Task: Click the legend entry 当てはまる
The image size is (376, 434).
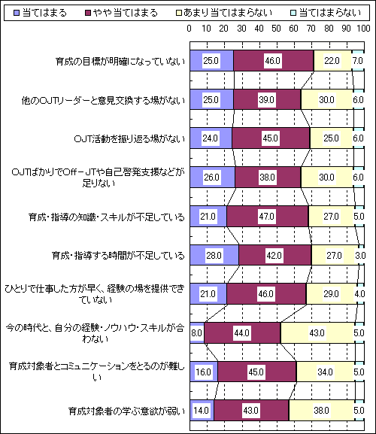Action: [40, 13]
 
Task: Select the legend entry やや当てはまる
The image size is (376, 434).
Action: [122, 13]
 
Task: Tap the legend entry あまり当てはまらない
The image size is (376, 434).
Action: [224, 13]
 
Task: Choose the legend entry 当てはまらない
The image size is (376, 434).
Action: [326, 13]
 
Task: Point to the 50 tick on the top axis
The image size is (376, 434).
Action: [276, 29]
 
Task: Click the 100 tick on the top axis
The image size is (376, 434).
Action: [363, 29]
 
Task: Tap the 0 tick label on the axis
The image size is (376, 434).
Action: [190, 29]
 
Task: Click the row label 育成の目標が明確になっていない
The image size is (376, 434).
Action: [120, 61]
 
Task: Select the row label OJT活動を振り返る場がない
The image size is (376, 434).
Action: [129, 138]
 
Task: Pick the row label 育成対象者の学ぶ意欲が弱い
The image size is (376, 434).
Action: [126, 411]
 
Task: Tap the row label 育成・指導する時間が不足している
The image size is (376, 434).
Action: [118, 255]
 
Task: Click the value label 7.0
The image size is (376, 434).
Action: [357, 61]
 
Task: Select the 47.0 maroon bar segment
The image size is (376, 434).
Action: [267, 216]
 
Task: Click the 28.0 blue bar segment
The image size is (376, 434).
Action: [214, 255]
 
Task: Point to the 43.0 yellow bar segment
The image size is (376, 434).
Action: [317, 332]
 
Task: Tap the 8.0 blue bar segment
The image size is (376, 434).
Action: [197, 332]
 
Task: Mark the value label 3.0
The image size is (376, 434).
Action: [360, 255]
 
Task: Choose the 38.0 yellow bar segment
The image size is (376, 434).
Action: [321, 410]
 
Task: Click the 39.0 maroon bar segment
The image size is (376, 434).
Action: [267, 99]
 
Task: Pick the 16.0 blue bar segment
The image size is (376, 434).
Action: [204, 372]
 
